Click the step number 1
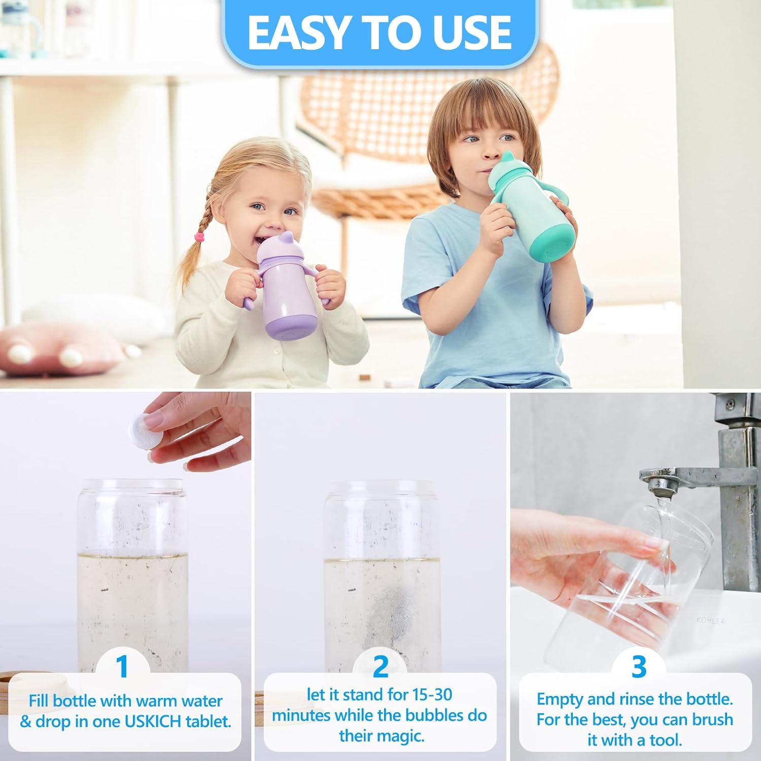pyautogui.click(x=122, y=666)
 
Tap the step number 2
pyautogui.click(x=380, y=666)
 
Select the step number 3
pyautogui.click(x=639, y=666)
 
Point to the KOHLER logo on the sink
pyautogui.click(x=710, y=620)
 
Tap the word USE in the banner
pyautogui.click(x=474, y=32)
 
